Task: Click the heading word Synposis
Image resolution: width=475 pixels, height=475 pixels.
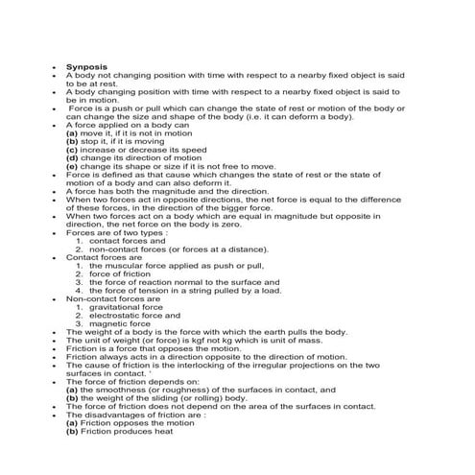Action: tap(84, 67)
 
